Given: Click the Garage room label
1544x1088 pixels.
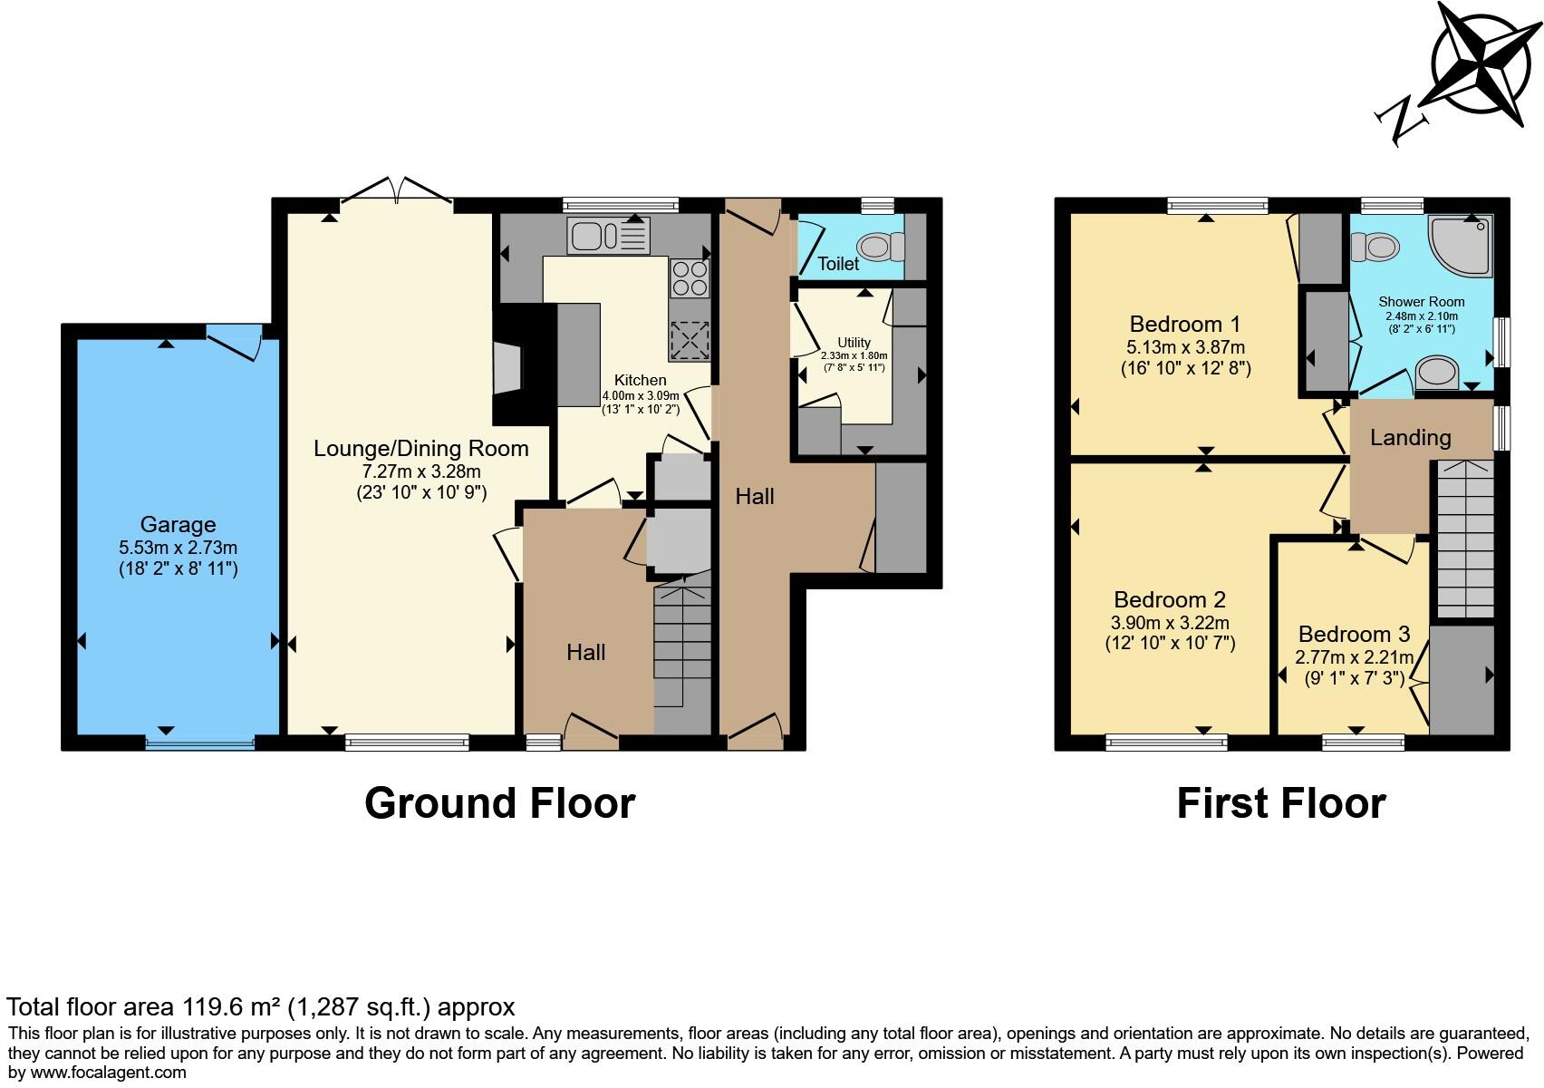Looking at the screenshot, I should (x=178, y=524).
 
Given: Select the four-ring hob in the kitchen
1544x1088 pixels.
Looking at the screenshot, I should (x=689, y=278).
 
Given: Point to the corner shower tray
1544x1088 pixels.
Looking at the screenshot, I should (x=1461, y=244).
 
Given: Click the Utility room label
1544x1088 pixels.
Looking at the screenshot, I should (x=854, y=343).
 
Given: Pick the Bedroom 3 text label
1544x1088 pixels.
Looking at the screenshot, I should (x=1354, y=634).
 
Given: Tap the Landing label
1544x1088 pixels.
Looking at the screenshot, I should (x=1410, y=438).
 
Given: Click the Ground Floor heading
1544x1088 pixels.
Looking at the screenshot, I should (x=499, y=803).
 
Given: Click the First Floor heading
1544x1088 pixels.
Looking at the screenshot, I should (x=1280, y=803).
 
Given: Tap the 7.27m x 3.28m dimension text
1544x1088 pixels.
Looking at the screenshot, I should (x=421, y=471).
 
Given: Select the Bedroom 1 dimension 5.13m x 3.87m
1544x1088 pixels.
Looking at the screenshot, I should (x=1184, y=347).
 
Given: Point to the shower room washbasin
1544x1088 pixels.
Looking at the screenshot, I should (x=1438, y=371).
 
